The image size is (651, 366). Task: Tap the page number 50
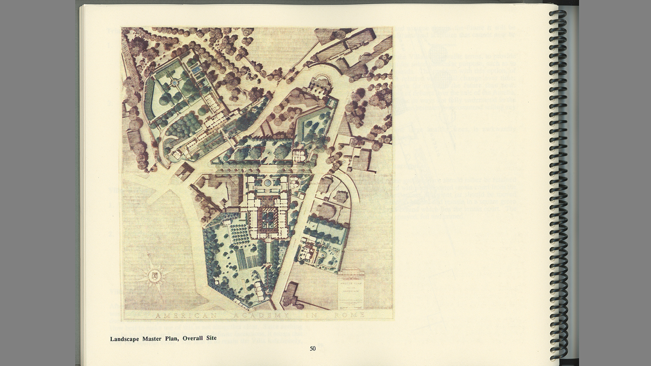(312, 349)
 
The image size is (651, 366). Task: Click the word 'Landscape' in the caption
(125, 338)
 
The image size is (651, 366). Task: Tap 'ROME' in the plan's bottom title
(349, 315)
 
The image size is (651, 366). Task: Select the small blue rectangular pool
(197, 70)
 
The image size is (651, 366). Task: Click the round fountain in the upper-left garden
(175, 83)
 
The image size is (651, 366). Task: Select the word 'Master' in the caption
(152, 338)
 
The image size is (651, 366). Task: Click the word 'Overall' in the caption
(193, 338)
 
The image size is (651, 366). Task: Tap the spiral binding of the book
(557, 183)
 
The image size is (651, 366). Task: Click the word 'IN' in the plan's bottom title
(312, 316)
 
